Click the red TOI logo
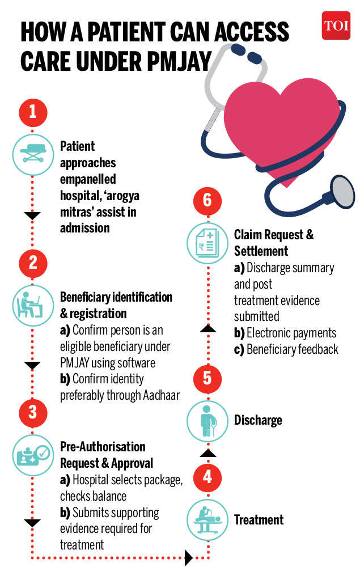[336, 26]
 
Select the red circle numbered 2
[32, 262]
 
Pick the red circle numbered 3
[32, 412]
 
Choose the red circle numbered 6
[207, 200]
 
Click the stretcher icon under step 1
[32, 150]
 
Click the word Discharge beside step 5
[258, 421]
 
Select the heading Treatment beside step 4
[259, 519]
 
